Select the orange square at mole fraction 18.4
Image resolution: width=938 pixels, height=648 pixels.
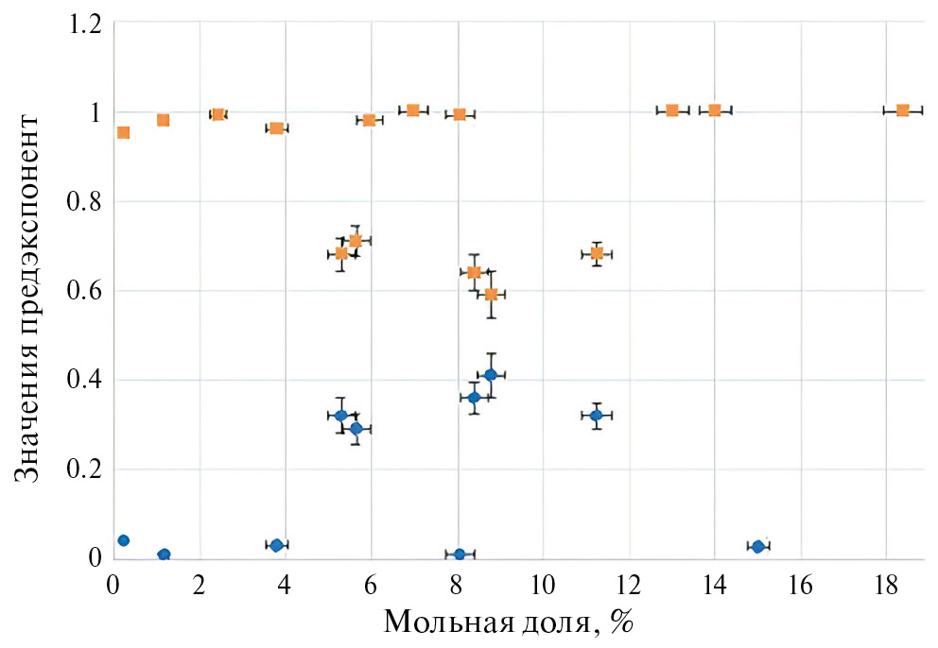[902, 111]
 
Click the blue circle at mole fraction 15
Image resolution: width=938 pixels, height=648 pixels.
[757, 546]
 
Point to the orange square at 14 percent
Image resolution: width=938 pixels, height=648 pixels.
[715, 111]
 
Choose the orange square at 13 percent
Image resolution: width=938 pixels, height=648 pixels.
[672, 111]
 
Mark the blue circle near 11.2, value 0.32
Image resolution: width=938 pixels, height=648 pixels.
[596, 415]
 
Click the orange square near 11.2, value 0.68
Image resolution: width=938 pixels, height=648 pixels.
[597, 253]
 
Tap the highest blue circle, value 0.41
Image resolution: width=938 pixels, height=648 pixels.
[491, 375]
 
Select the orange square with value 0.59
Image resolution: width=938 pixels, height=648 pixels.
[491, 294]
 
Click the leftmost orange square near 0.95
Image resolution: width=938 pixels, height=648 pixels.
[123, 132]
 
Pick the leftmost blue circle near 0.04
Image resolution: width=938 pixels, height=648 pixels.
[123, 540]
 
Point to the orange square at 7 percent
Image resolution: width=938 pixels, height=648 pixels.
[413, 111]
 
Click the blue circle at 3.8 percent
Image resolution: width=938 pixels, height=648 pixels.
[276, 545]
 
